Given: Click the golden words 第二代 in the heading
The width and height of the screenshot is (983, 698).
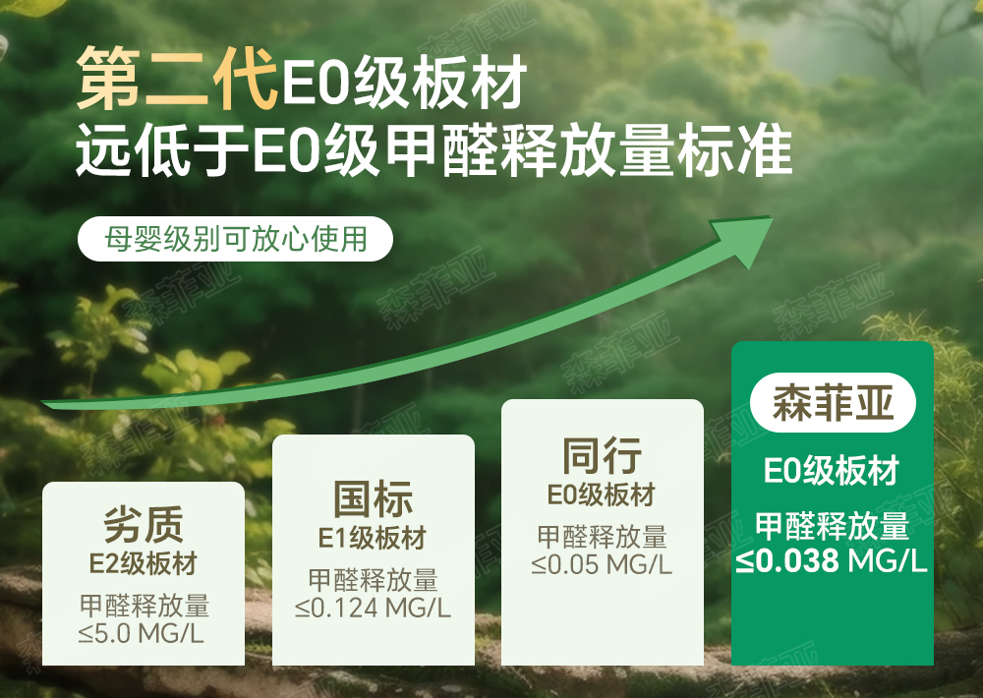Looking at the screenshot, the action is pos(177,78).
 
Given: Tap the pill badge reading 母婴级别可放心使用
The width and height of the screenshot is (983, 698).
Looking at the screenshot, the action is pos(235,239).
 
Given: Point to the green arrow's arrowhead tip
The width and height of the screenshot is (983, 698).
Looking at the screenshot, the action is pos(773,219).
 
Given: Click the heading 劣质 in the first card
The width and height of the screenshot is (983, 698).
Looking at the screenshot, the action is pos(144,525).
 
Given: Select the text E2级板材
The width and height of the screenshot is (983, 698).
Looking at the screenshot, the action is pos(144,563).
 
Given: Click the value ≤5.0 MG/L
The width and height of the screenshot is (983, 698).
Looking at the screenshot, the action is pos(142,634).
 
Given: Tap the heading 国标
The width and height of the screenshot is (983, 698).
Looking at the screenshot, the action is pos(373,498).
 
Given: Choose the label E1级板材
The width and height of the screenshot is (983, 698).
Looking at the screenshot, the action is pos(373,538).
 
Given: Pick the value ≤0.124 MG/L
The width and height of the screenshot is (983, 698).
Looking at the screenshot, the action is pos(373,608).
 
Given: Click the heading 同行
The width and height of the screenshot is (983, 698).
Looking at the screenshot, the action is pos(602,456).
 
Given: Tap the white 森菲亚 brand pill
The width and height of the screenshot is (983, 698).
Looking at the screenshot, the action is pos(833,403).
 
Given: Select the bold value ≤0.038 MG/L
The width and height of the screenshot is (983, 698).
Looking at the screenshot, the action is pos(832,560).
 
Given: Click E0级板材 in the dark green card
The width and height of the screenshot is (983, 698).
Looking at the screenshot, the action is pos(832,470).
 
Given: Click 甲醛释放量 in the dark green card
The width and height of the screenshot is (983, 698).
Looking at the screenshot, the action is pos(832,526).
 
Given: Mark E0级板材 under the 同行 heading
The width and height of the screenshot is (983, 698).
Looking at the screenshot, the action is pos(602,494).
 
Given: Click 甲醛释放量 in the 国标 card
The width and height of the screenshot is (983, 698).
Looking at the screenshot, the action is pos(373,580).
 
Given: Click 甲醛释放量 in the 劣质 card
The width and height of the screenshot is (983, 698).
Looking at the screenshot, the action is pos(145,606).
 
